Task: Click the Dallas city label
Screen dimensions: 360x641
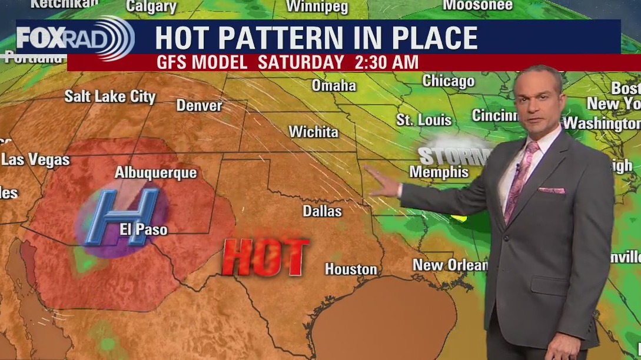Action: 322,211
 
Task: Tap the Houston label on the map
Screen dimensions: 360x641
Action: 351,269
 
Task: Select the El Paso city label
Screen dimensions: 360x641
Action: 144,229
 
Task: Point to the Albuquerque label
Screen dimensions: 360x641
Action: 155,173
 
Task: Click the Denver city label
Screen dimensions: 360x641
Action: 200,106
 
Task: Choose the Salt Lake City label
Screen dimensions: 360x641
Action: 110,96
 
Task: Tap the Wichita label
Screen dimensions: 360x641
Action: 313,132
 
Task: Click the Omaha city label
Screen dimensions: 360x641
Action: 334,85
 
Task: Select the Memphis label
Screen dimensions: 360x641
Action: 439,172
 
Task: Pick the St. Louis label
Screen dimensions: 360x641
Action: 424,120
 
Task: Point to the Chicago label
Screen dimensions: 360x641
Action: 449,81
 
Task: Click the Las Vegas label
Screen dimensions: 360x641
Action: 35,159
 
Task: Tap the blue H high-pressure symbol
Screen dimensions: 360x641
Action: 121,216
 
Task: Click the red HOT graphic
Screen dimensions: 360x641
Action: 266,256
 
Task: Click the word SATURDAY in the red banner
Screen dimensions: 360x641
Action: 301,62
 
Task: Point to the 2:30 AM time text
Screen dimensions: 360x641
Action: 387,62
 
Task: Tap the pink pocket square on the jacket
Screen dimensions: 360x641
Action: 552,191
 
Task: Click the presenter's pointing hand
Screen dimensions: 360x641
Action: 383,187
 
